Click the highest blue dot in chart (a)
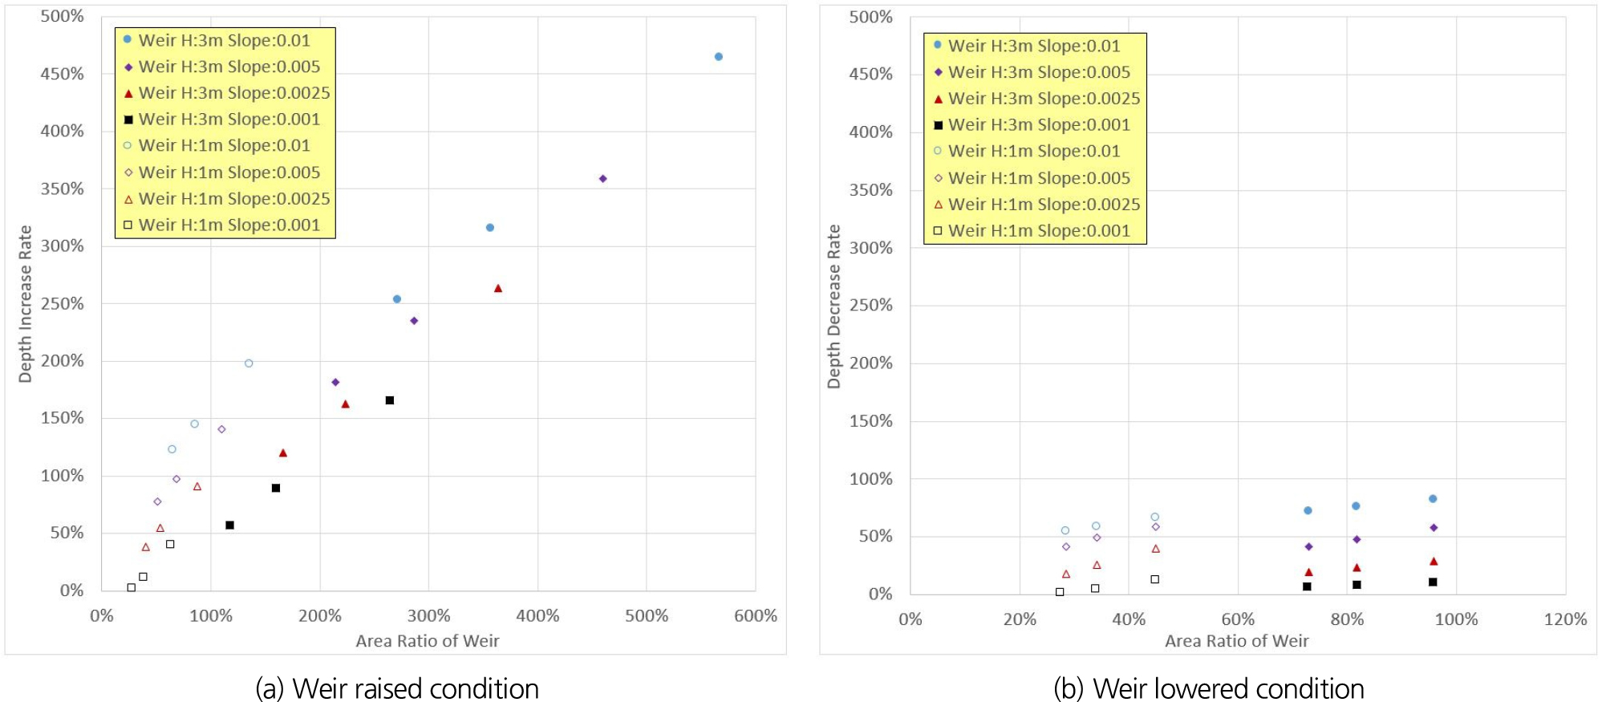718,57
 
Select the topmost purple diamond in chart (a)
602,179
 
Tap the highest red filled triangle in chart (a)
497,288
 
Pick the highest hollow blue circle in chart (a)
249,363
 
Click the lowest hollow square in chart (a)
132,587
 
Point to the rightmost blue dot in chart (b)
1433,499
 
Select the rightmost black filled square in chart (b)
1433,582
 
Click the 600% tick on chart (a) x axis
755,616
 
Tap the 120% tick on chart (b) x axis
1565,619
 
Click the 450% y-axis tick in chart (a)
63,74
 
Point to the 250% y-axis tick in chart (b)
871,306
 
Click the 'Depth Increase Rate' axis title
26,303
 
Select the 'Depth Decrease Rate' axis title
834,306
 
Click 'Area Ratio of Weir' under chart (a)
427,641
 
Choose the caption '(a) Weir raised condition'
397,688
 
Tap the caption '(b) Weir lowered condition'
1208,688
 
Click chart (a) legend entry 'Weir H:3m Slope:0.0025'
233,93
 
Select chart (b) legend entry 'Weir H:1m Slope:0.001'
1038,231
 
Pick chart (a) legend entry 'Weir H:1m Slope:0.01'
224,145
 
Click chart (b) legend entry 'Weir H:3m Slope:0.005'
1038,72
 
